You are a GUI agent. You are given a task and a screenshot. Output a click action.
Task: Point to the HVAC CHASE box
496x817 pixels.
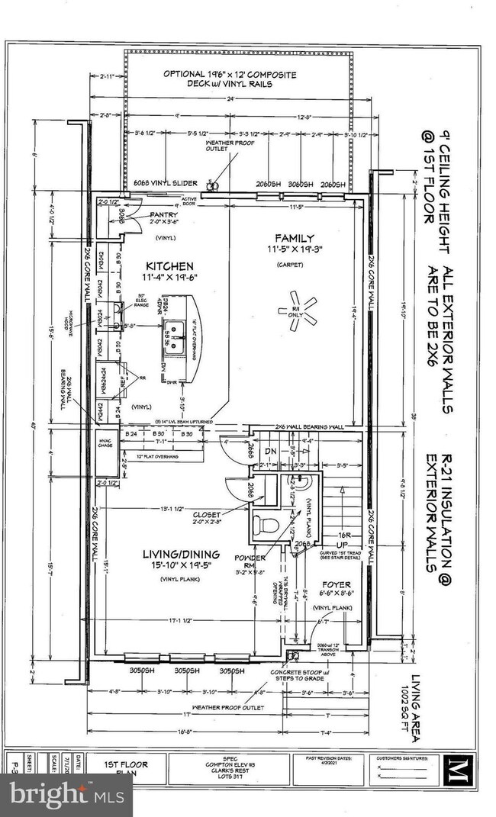tap(104, 443)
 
